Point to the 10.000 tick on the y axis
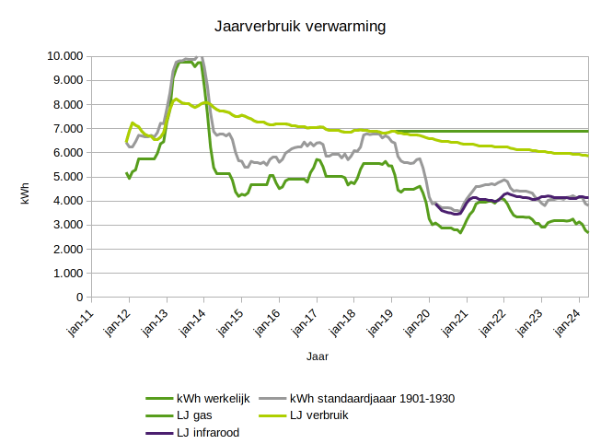click(x=64, y=55)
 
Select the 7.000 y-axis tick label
click(x=68, y=128)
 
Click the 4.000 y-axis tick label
click(x=68, y=201)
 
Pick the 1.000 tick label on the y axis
click(x=68, y=274)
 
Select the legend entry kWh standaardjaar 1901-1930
click(x=372, y=399)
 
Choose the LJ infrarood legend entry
click(x=214, y=432)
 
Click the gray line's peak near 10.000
click(x=201, y=57)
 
